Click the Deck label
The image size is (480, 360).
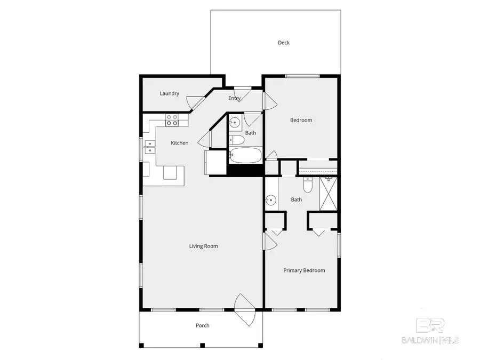[x=283, y=43]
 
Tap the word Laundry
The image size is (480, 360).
[x=169, y=94]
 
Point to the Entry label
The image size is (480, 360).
[x=234, y=98]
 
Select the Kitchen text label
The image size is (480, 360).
[x=179, y=143]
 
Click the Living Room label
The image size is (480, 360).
[x=203, y=246]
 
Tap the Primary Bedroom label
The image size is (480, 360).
[x=303, y=270]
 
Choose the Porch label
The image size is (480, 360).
[x=202, y=325]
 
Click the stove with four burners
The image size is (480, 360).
[x=172, y=120]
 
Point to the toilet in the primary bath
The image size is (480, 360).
[x=308, y=185]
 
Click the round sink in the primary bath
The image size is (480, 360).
[x=271, y=201]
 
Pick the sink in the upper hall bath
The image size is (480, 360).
[x=234, y=123]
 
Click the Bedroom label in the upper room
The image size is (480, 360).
[x=301, y=120]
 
